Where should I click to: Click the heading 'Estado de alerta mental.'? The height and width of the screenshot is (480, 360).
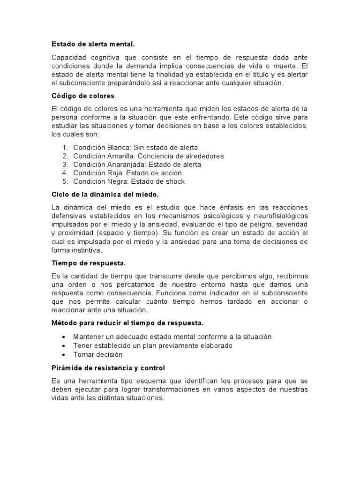pyautogui.click(x=93, y=45)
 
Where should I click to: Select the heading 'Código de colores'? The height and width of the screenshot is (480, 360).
pyautogui.click(x=82, y=96)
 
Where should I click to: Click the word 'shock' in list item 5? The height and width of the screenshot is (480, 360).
pyautogui.click(x=174, y=181)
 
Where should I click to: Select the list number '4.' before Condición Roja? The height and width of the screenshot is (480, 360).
pyautogui.click(x=65, y=173)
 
